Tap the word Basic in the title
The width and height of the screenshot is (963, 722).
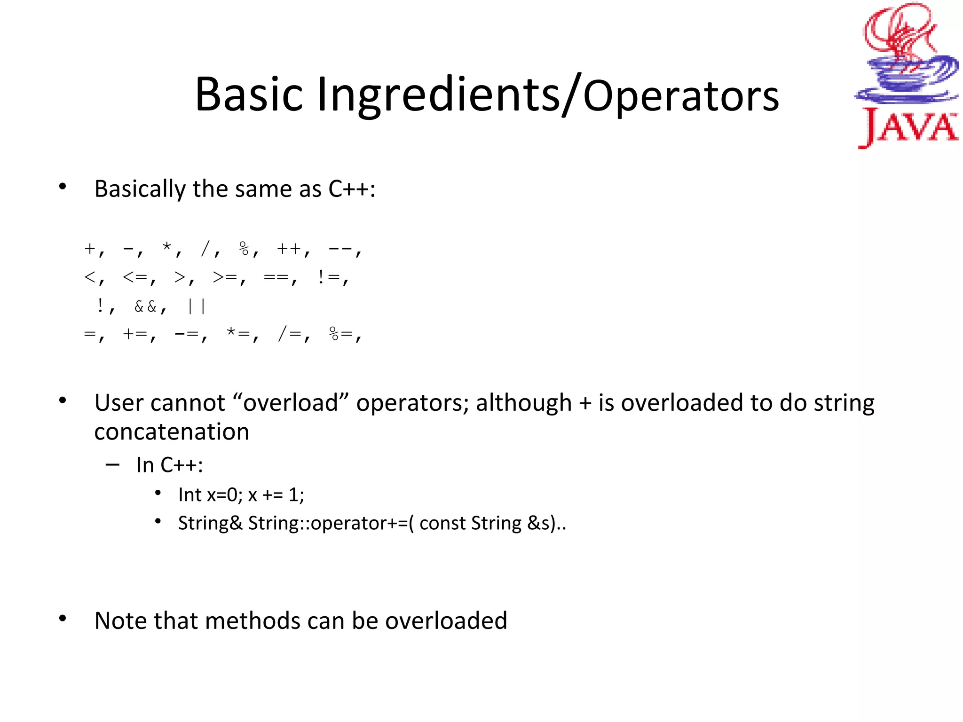coord(249,95)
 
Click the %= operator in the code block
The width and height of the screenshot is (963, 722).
coord(340,334)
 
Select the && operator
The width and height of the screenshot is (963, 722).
coord(145,307)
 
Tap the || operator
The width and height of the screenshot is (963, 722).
coord(196,307)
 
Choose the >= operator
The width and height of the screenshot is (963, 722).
coord(225,277)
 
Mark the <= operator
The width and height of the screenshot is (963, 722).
coord(135,277)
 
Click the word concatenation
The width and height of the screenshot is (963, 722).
coord(172,432)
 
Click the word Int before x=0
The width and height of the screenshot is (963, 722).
coord(189,495)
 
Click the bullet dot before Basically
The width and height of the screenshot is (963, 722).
coord(63,187)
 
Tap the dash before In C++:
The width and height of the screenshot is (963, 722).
coord(112,465)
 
